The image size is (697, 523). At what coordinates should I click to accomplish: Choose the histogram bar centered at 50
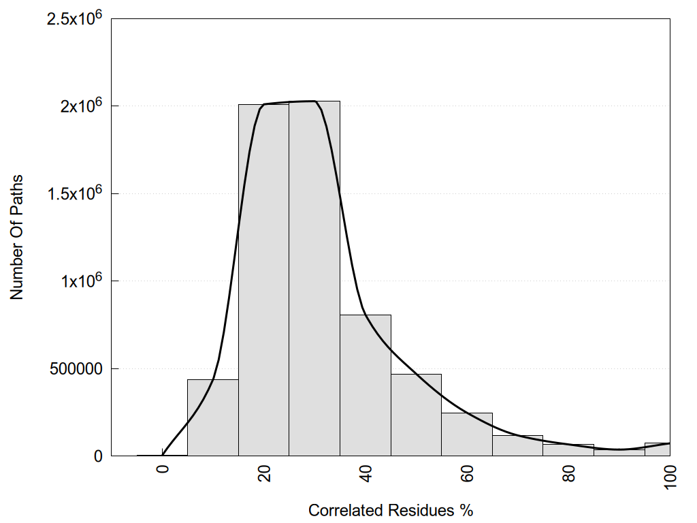tap(416, 415)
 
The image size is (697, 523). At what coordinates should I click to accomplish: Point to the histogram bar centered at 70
tap(518, 445)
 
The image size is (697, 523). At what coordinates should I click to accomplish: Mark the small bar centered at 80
tap(568, 449)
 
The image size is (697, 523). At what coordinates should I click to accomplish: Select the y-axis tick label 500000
tap(76, 368)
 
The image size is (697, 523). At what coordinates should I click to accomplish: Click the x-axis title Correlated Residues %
tap(391, 510)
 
